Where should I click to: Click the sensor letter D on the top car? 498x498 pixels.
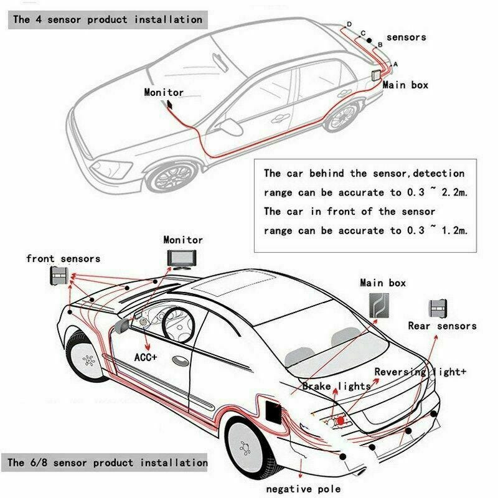349,24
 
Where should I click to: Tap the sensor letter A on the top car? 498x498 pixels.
395,64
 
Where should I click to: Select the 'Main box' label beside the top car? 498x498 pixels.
405,85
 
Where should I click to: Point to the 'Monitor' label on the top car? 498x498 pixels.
164,92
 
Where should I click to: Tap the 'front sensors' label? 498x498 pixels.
63,258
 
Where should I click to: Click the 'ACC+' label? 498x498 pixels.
146,357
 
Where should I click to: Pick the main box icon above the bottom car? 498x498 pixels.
375,306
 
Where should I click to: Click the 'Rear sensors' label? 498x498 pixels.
442,326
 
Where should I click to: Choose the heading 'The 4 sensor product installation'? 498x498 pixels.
108,19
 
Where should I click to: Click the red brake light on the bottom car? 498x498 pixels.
341,421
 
